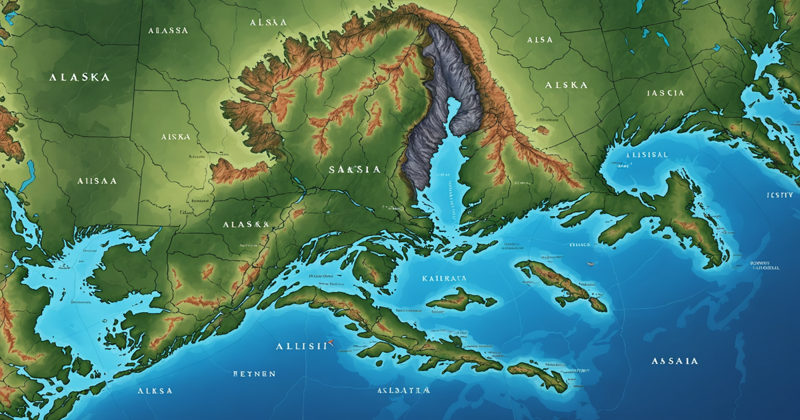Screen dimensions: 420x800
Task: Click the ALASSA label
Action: pyautogui.click(x=168, y=31)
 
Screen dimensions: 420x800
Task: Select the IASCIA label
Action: pyautogui.click(x=665, y=93)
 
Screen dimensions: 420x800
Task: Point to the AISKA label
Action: pyautogui.click(x=175, y=137)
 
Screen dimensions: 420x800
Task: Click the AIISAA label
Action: pyautogui.click(x=97, y=181)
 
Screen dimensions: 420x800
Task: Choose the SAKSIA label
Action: pyautogui.click(x=355, y=170)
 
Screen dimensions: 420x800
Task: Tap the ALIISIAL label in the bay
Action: pyautogui.click(x=646, y=154)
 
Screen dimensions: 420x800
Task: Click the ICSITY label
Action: pyautogui.click(x=779, y=195)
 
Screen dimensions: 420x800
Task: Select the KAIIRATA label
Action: pyautogui.click(x=445, y=278)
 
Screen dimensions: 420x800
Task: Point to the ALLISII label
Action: pyautogui.click(x=302, y=346)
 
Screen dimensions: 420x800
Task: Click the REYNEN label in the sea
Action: pyautogui.click(x=254, y=374)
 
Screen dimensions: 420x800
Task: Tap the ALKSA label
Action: pyautogui.click(x=155, y=391)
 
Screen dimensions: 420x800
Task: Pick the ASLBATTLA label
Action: pyautogui.click(x=403, y=390)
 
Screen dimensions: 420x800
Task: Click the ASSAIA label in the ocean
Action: pyautogui.click(x=675, y=361)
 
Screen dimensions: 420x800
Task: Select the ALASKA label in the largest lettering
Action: pyautogui.click(x=79, y=77)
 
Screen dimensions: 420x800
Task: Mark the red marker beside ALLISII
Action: pyautogui.click(x=331, y=346)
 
